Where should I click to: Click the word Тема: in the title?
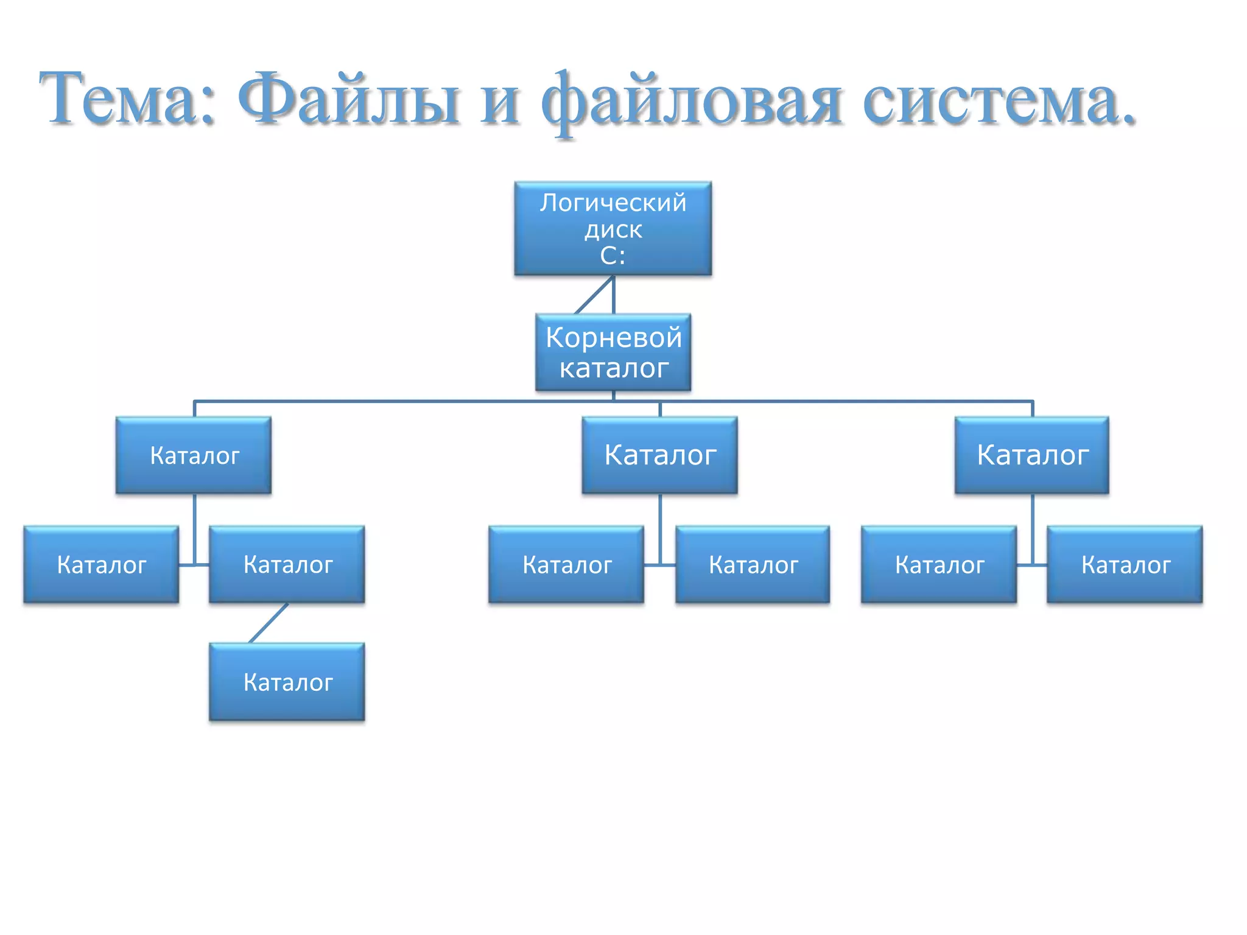[x=127, y=99]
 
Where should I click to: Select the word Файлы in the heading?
[x=348, y=99]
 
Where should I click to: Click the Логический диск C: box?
[x=613, y=228]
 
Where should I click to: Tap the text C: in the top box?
[x=613, y=256]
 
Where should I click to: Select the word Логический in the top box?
[x=613, y=203]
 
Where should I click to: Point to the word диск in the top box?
[x=613, y=230]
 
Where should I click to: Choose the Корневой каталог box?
[x=613, y=352]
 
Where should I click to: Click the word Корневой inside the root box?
[x=613, y=337]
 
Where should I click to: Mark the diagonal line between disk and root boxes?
[x=594, y=295]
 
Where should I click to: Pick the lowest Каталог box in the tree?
[x=287, y=682]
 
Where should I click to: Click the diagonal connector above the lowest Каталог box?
[x=269, y=623]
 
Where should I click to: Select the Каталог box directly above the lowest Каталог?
[x=287, y=564]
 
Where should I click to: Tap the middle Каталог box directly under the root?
[x=659, y=455]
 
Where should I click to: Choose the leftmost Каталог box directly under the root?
[x=194, y=455]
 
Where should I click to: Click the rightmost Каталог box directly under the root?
[x=1032, y=455]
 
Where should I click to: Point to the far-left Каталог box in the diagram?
[x=101, y=564]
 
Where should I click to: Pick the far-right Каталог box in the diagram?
[x=1125, y=564]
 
